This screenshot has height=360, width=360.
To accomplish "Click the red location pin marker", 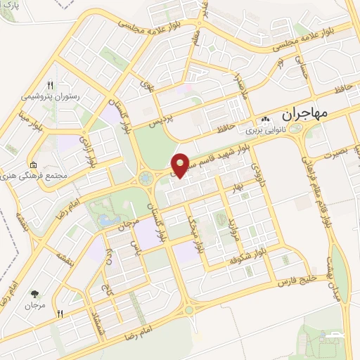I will pyautogui.click(x=181, y=164).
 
